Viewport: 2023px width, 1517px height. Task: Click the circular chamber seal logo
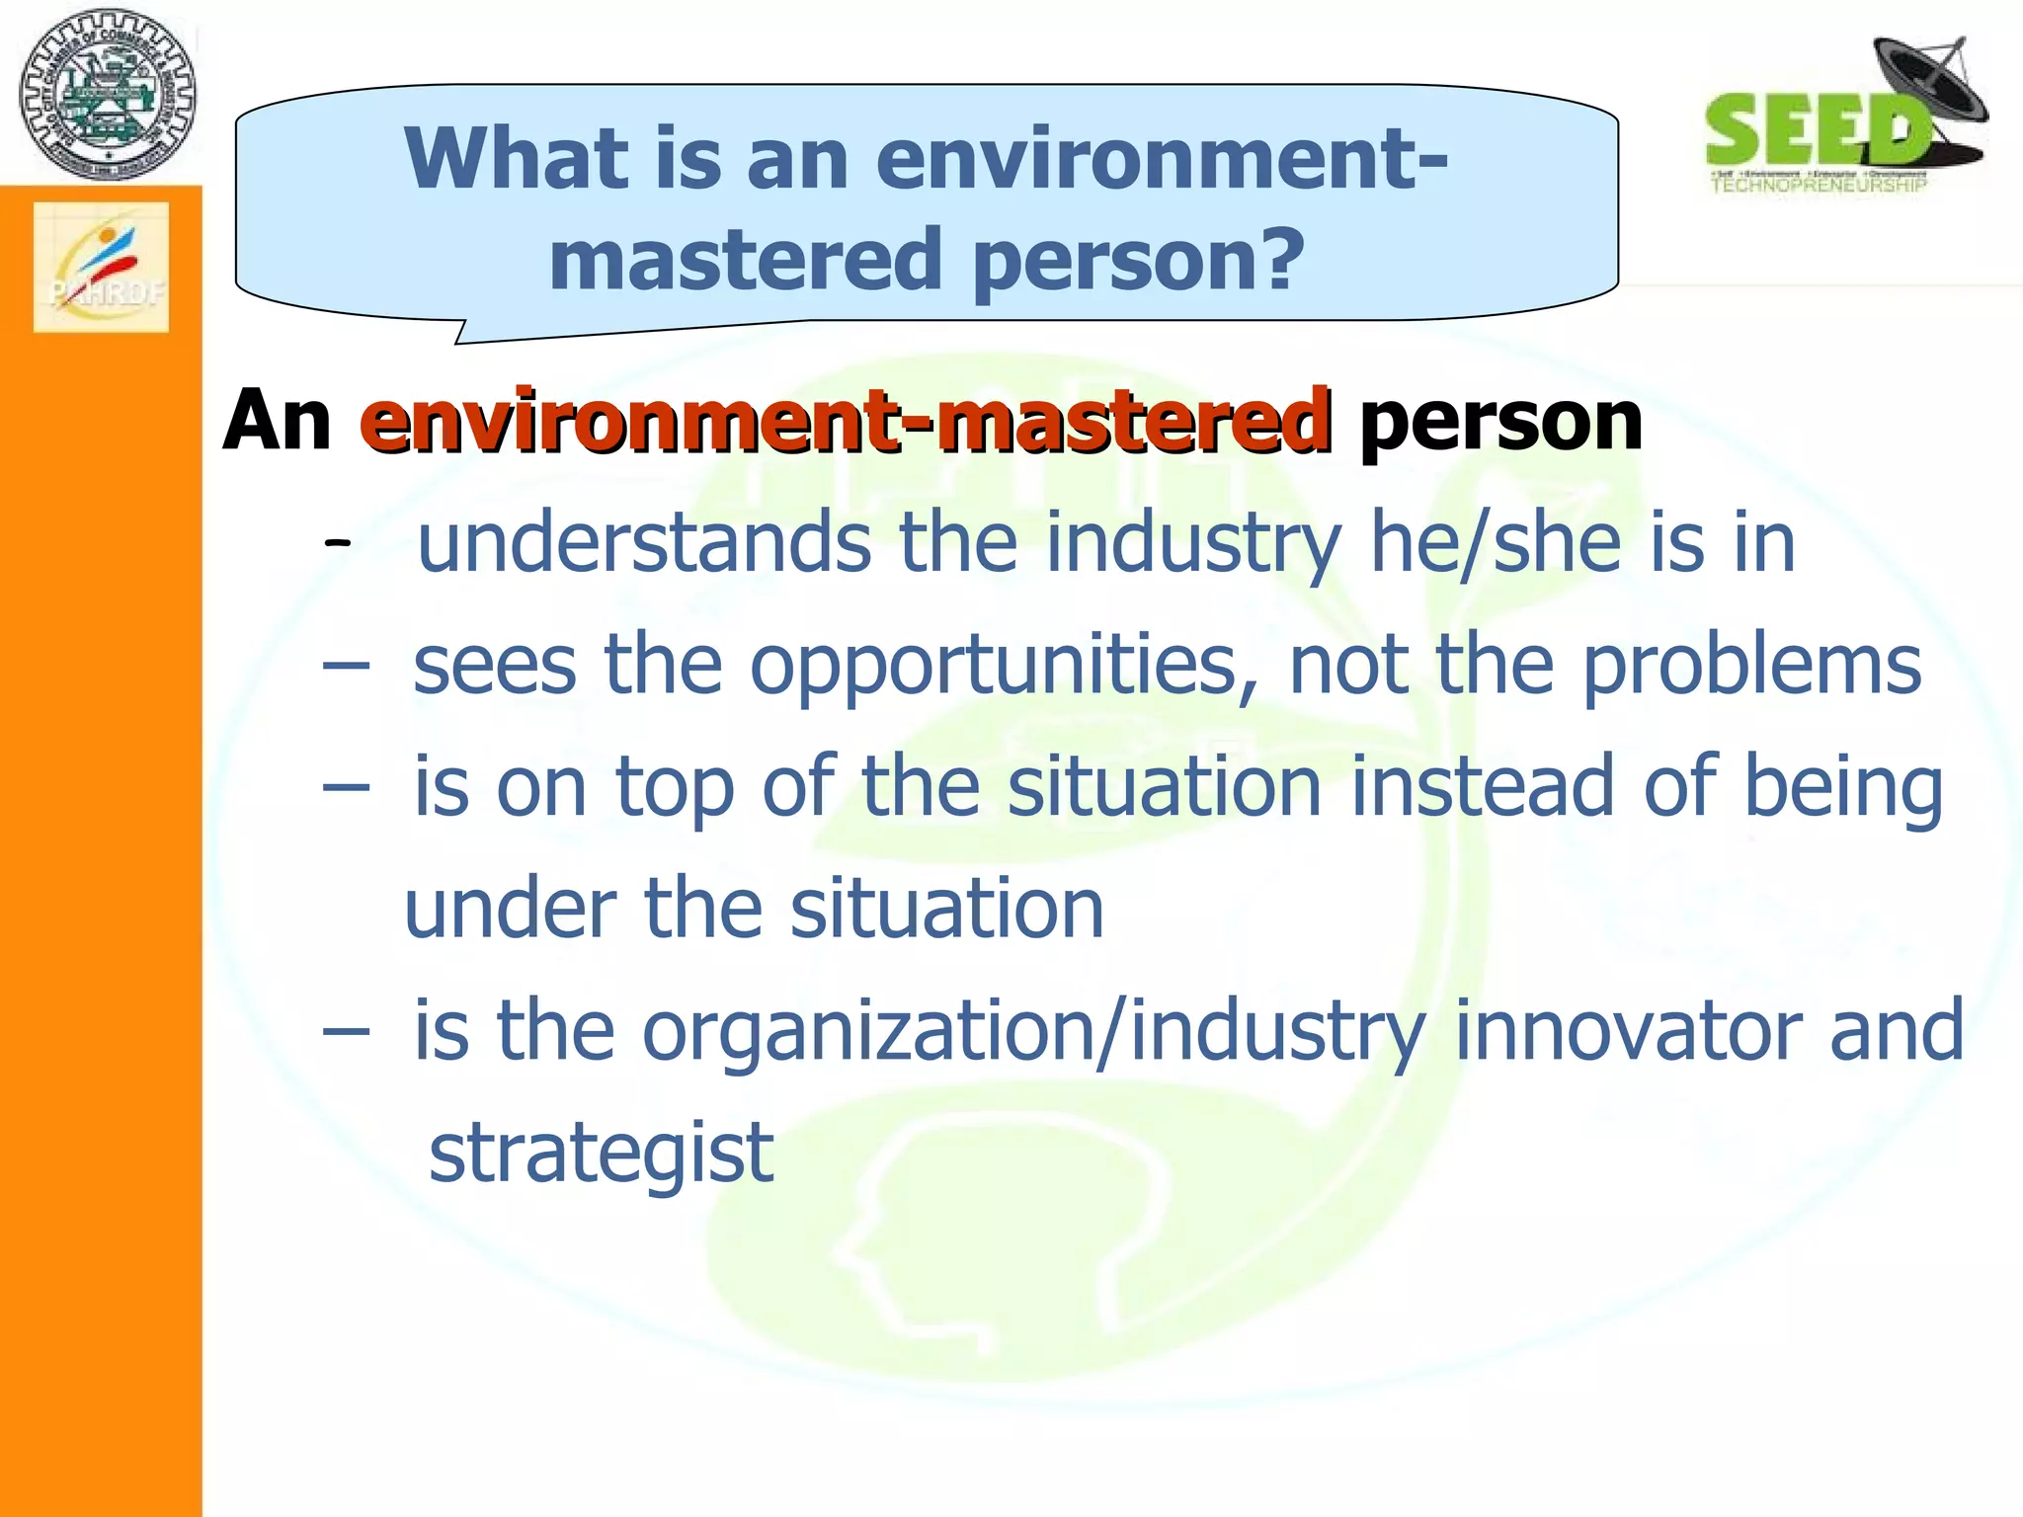click(x=107, y=96)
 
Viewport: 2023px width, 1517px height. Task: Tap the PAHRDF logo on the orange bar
click(x=102, y=267)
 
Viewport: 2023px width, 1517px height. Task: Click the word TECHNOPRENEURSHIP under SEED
click(x=1818, y=185)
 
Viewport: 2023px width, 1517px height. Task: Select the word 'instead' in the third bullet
click(x=1482, y=786)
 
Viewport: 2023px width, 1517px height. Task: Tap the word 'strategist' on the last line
click(x=601, y=1153)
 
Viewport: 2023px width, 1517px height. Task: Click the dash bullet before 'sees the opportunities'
click(x=346, y=667)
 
